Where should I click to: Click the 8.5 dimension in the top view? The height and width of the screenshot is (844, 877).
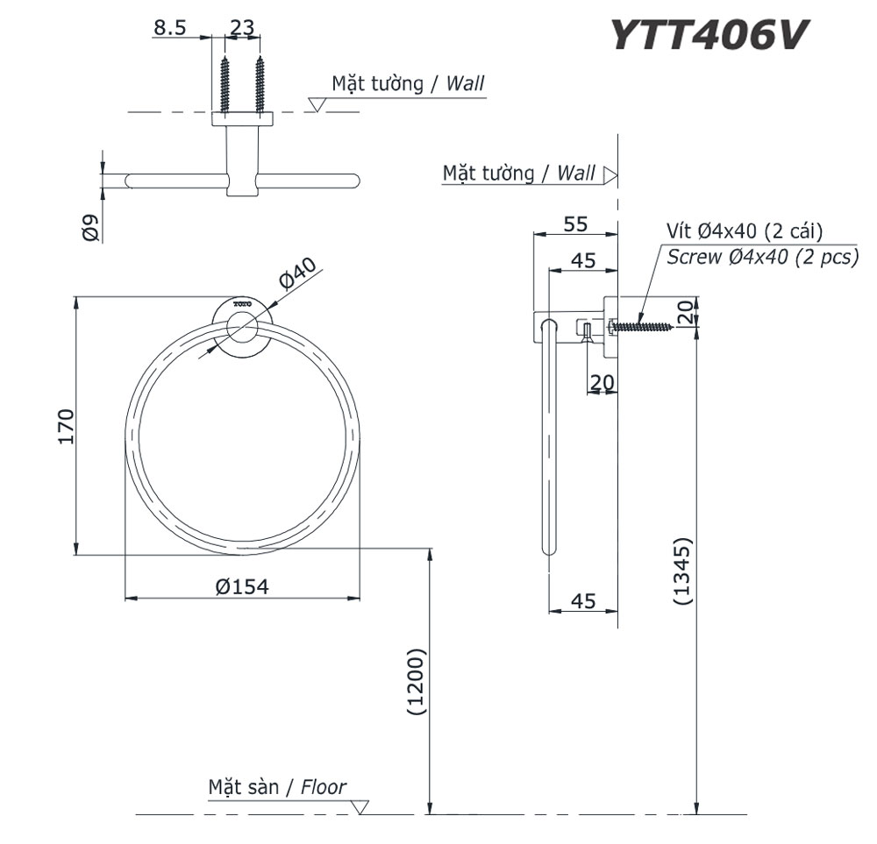tap(169, 28)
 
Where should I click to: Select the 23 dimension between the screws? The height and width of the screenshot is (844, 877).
tap(242, 28)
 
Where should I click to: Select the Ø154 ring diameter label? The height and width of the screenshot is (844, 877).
tap(241, 586)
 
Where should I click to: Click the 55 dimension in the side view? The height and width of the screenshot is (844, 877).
tap(575, 224)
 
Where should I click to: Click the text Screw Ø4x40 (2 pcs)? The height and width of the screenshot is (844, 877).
tap(761, 258)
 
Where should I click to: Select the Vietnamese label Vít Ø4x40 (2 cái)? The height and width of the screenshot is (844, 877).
tap(743, 231)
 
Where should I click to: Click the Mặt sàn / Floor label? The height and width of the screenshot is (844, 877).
tap(277, 786)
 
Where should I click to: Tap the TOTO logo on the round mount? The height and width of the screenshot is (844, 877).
tap(242, 303)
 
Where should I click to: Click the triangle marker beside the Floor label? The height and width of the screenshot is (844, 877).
tap(363, 807)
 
